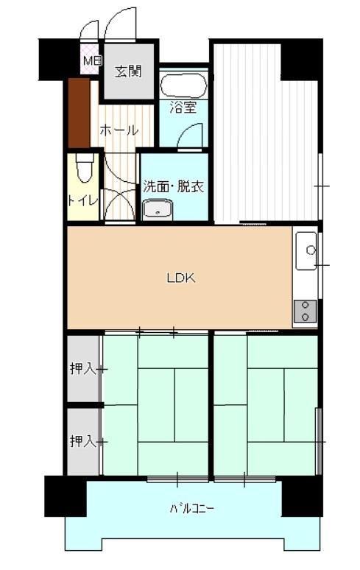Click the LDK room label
coord(181,278)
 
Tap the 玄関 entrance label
coord(128,71)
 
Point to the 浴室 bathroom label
coord(183,108)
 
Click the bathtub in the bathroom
coord(183,85)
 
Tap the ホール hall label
coord(119,130)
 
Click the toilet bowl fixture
coord(85,168)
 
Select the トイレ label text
coord(83,200)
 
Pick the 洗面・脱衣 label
coord(173,186)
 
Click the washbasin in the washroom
coord(158,209)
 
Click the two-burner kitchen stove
coord(305,312)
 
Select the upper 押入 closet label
coord(83,369)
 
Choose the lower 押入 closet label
coord(83,441)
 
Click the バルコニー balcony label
coord(192,508)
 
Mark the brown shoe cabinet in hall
coord(80,113)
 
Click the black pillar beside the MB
coord(59,59)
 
